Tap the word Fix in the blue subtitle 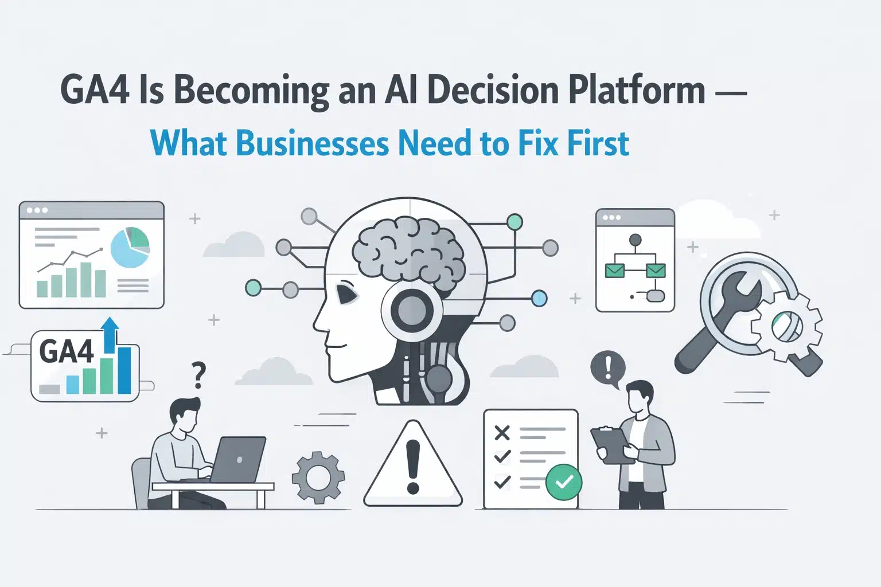pyautogui.click(x=538, y=143)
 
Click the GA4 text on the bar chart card pyautogui.click(x=67, y=351)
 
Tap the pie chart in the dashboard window pyautogui.click(x=130, y=247)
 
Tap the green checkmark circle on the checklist pyautogui.click(x=564, y=482)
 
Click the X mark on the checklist pyautogui.click(x=502, y=433)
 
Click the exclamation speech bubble pyautogui.click(x=608, y=367)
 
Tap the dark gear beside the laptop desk pyautogui.click(x=318, y=477)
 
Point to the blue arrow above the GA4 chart pyautogui.click(x=110, y=333)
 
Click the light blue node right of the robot pyautogui.click(x=539, y=298)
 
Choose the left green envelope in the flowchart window pyautogui.click(x=615, y=269)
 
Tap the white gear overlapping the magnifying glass pyautogui.click(x=786, y=325)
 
